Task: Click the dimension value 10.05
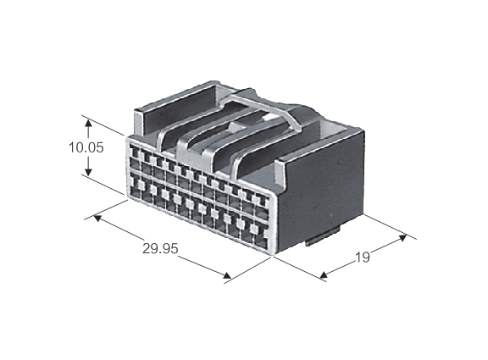[86, 147]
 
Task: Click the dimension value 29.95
[160, 248]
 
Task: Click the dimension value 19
[363, 258]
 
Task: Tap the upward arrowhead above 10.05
[89, 124]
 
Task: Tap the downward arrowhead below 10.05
[89, 172]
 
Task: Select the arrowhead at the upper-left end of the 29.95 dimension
[97, 219]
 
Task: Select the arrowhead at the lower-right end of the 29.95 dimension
[227, 275]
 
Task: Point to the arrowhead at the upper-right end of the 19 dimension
[402, 238]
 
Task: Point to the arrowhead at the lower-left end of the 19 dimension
[324, 274]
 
